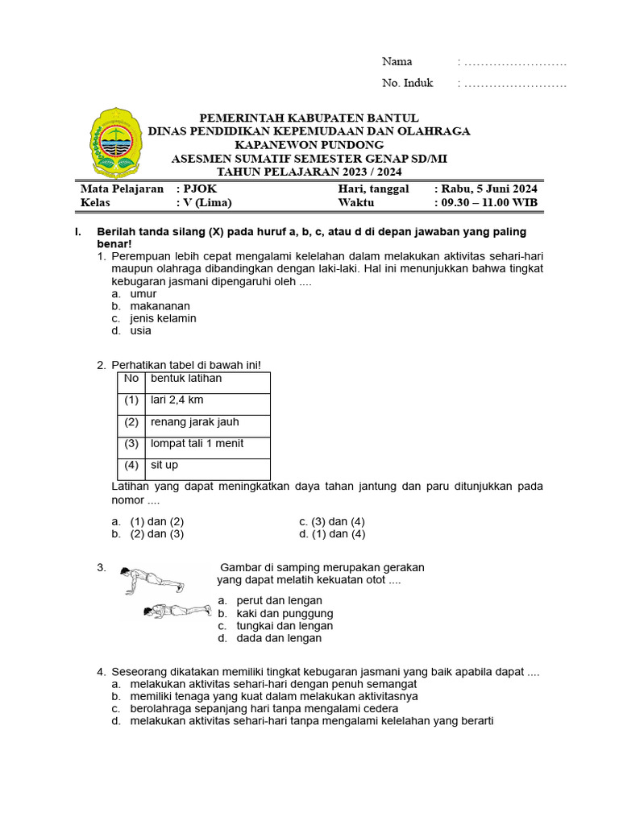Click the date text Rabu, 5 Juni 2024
[x=485, y=189]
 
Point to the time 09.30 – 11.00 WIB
[x=485, y=202]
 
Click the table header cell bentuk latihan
[x=186, y=379]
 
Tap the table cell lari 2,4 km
[x=177, y=400]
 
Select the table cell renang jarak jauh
[x=194, y=422]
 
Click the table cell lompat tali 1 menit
[x=197, y=444]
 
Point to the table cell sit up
[x=164, y=466]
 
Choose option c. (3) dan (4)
[x=331, y=521]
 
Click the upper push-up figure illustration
[x=152, y=579]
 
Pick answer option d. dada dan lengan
[x=269, y=638]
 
